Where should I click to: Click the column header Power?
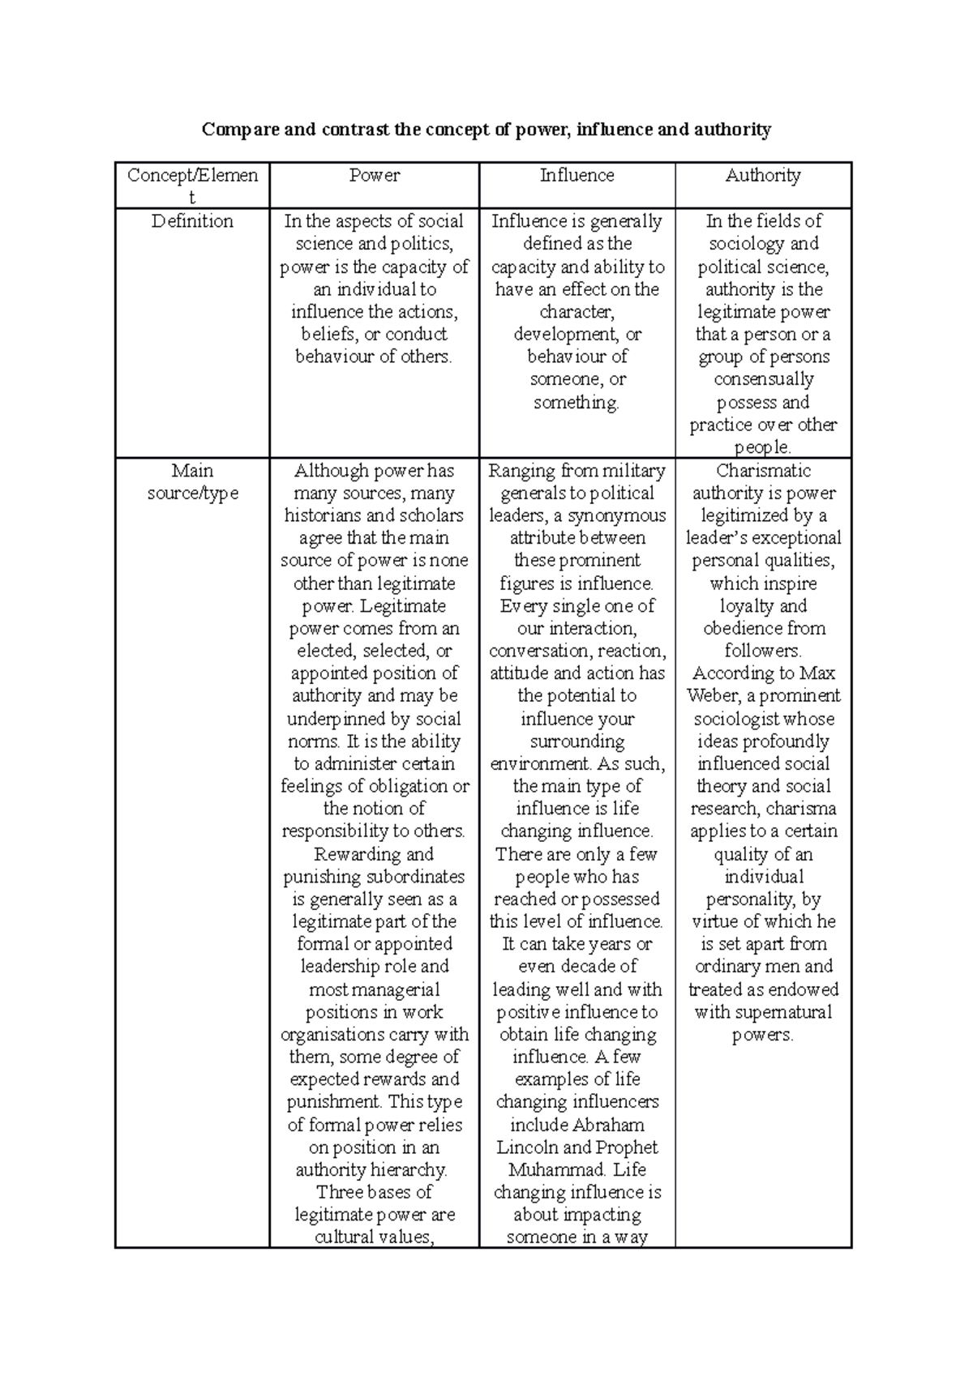(374, 176)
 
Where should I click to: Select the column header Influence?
(577, 176)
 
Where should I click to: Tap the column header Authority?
(763, 176)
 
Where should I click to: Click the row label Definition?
(192, 221)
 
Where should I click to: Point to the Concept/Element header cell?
(192, 186)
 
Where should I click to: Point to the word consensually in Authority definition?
(763, 379)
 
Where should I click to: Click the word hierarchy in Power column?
(409, 1170)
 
